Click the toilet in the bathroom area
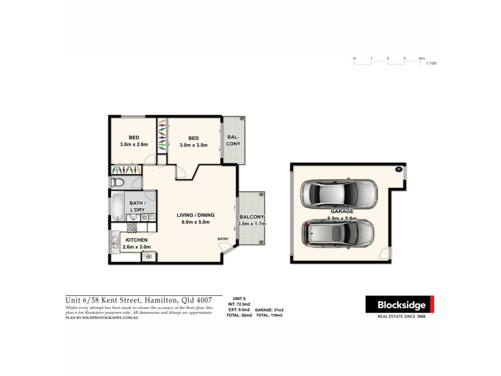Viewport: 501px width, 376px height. [117, 182]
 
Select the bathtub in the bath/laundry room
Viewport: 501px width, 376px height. [118, 206]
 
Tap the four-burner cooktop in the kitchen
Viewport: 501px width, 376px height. [133, 227]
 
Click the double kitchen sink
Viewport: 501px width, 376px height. [115, 243]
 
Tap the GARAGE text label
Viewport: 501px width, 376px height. [342, 212]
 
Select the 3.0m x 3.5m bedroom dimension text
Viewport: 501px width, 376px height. [194, 145]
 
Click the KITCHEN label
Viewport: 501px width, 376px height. [137, 240]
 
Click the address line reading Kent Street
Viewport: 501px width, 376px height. [143, 300]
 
